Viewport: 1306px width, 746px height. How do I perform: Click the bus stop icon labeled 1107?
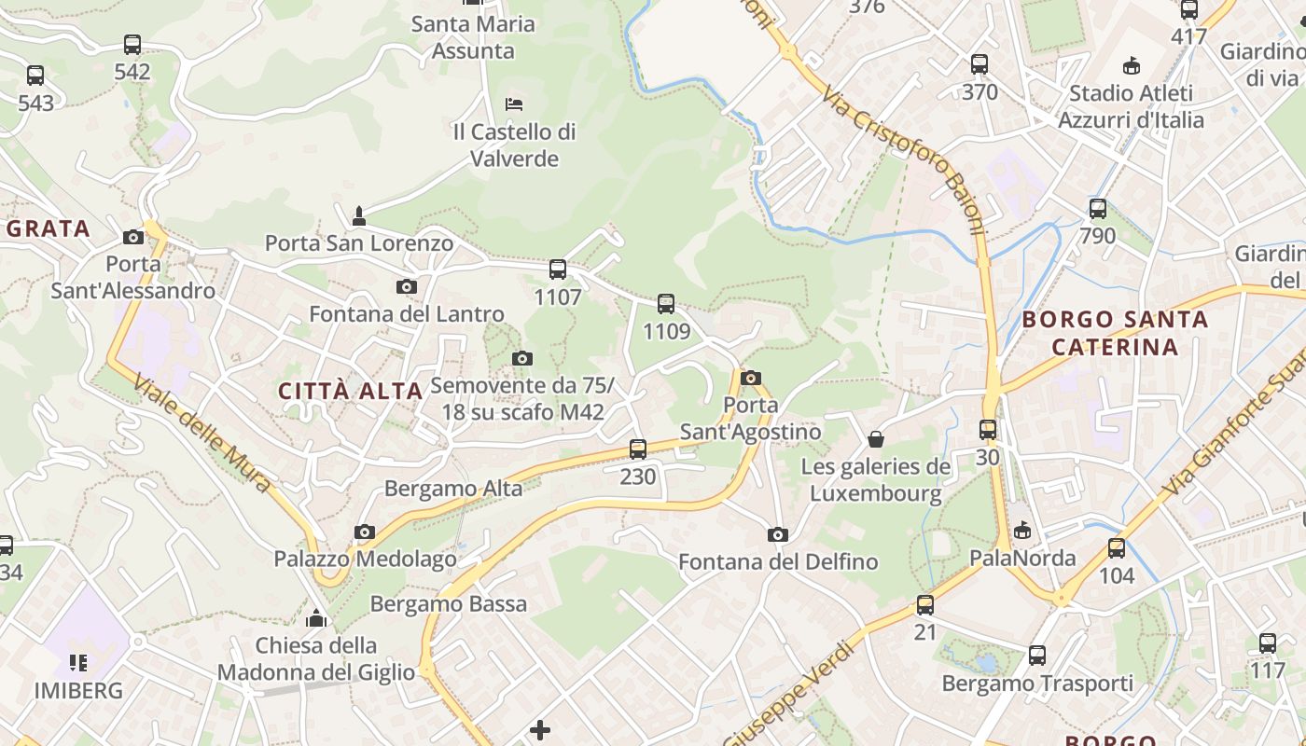pos(558,269)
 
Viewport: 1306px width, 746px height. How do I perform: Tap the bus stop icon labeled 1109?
pos(666,303)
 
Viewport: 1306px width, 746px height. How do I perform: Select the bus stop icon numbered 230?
pos(638,449)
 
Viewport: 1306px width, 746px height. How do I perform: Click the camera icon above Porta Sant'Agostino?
pos(751,378)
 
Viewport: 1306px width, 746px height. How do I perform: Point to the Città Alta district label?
pos(351,391)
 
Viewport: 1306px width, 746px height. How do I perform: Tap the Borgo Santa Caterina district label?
pos(1115,333)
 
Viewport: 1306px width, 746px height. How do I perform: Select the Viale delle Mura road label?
pos(202,433)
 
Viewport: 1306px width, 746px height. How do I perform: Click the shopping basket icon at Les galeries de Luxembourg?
pos(876,438)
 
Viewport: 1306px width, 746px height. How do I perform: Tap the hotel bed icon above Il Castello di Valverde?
pos(513,104)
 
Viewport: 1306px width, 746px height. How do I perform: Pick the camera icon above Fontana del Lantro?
pos(407,286)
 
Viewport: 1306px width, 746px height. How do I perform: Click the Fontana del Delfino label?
pos(778,562)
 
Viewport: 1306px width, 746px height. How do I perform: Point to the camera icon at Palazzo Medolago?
pos(365,532)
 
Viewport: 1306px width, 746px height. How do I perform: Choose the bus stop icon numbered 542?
pos(132,44)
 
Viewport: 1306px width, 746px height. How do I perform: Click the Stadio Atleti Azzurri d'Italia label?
pos(1131,106)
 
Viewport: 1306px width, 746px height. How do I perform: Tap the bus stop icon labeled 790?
pos(1098,208)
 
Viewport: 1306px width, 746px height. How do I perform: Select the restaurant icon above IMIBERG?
pos(78,663)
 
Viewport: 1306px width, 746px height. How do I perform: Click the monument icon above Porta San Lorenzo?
pos(359,216)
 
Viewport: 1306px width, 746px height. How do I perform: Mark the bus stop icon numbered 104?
pos(1117,548)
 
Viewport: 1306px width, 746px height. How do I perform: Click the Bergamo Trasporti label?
pos(1037,684)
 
